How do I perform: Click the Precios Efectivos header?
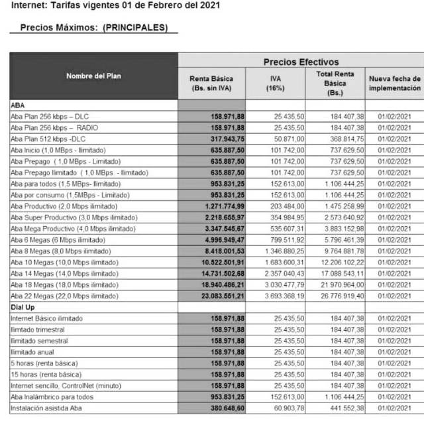[301, 62]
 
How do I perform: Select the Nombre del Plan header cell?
[93, 76]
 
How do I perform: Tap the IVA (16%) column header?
[275, 83]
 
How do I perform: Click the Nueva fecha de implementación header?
[394, 83]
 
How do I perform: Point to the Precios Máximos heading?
[94, 29]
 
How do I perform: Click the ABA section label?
[18, 105]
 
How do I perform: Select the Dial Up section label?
[24, 308]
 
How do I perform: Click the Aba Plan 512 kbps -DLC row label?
[48, 139]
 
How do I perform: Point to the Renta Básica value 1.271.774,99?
[219, 206]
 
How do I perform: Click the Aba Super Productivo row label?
[74, 217]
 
